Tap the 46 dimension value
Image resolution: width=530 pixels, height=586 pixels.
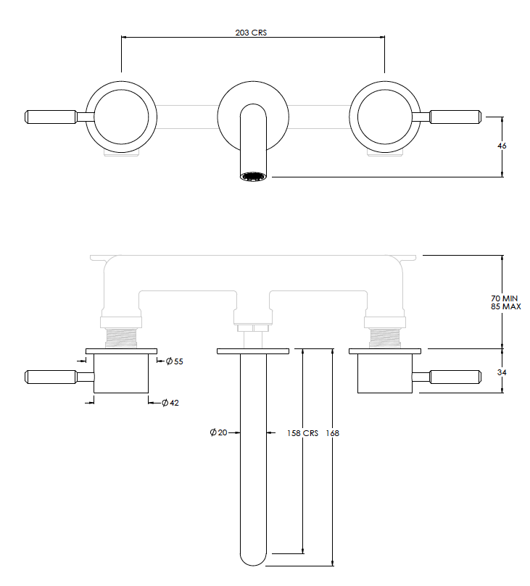[x=502, y=146]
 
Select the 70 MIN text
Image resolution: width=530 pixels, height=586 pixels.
[x=505, y=298]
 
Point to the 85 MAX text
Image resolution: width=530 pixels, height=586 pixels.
[x=505, y=306]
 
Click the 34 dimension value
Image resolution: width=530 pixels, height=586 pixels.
[x=502, y=372]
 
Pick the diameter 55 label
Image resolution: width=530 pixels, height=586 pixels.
[x=174, y=361]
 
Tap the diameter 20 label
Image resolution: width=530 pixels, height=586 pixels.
[x=218, y=432]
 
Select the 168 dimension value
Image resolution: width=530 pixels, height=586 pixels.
[x=333, y=433]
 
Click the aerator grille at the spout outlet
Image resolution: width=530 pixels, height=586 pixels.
[x=253, y=176]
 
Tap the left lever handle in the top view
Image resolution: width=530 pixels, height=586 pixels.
[x=51, y=117]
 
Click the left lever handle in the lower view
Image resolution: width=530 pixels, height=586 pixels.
[x=51, y=376]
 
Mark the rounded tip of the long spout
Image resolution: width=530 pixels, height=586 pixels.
[x=253, y=558]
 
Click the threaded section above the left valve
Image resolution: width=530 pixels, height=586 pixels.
[x=122, y=336]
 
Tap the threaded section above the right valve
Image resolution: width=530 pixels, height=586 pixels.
[x=385, y=336]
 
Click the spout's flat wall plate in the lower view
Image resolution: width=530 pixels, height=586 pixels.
[x=253, y=351]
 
